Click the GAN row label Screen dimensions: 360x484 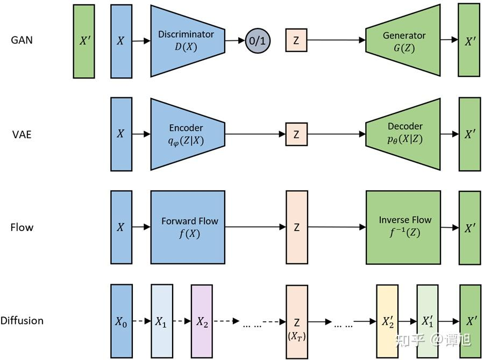[22, 40]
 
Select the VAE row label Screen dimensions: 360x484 [22, 134]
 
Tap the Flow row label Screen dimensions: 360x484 [22, 227]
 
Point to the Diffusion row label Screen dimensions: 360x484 [22, 321]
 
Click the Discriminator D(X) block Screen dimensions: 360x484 [186, 40]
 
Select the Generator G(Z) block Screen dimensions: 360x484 [403, 40]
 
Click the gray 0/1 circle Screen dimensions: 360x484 [258, 41]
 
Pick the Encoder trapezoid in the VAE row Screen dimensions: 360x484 [186, 134]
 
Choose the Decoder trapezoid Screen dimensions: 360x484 [403, 134]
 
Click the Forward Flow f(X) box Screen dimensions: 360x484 [188, 227]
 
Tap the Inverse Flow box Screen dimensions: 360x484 [403, 227]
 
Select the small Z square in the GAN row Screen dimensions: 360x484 [296, 40]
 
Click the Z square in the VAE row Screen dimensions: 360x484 [296, 134]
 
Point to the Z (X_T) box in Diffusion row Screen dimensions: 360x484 [296, 322]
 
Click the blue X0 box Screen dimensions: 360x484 [121, 321]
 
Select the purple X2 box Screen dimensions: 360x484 [202, 321]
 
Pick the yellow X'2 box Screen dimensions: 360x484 [387, 321]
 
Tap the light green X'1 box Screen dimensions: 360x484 [428, 321]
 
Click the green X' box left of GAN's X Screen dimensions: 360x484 [84, 40]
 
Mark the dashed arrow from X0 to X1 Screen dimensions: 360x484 [141, 322]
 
